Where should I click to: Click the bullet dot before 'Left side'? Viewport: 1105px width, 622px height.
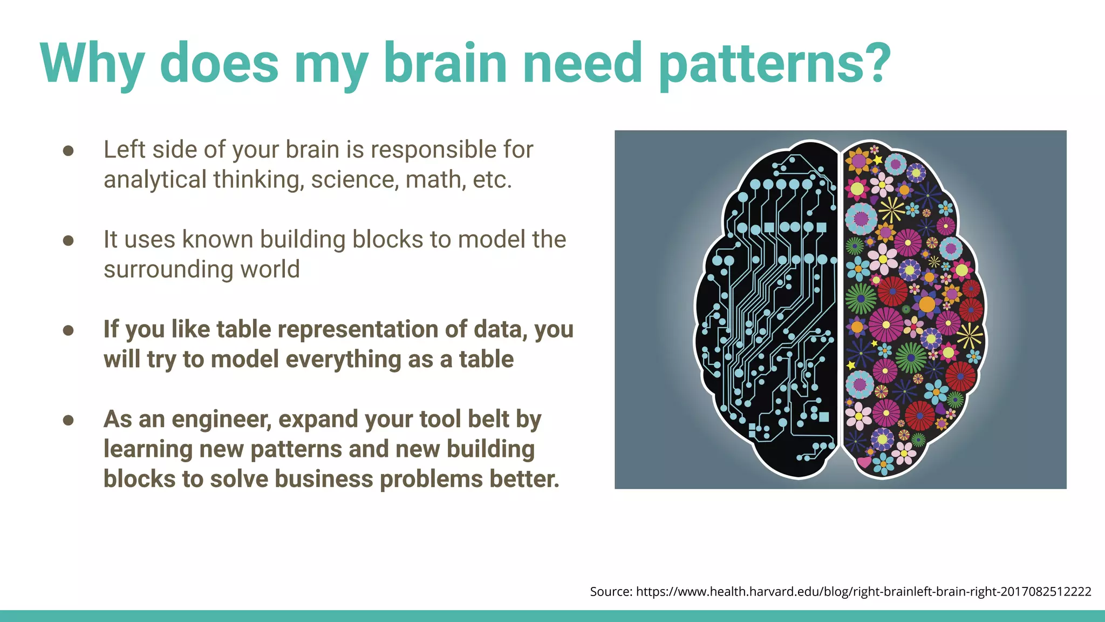tap(68, 151)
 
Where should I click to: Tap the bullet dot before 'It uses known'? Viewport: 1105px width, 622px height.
tap(68, 240)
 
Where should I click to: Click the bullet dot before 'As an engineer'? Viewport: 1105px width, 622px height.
tap(68, 420)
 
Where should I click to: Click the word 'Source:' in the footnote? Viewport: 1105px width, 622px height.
tap(611, 592)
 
